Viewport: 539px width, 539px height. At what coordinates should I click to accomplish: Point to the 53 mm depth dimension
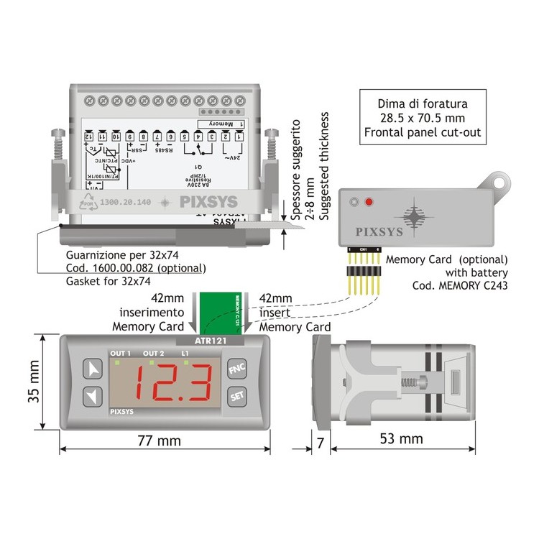point(401,438)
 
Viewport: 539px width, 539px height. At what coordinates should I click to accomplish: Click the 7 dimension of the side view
point(320,442)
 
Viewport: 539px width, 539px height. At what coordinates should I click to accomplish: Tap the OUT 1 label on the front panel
point(120,354)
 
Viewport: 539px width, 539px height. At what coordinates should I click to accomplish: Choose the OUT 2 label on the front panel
point(153,354)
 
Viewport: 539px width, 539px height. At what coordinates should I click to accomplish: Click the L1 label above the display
point(185,354)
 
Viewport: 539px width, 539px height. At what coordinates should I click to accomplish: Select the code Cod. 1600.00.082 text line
point(136,268)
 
